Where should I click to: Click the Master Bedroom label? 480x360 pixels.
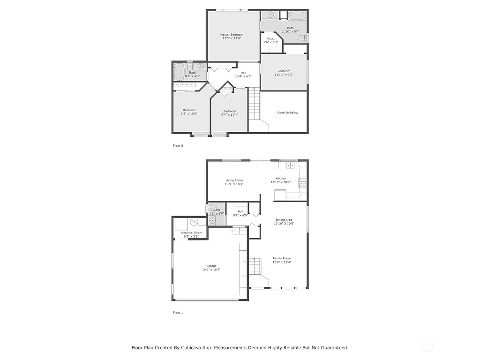pyautogui.click(x=232, y=35)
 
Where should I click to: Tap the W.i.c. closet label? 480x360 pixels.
pyautogui.click(x=270, y=38)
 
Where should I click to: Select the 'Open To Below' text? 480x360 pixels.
pyautogui.click(x=287, y=112)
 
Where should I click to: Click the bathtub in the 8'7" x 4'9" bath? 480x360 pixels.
pyautogui.click(x=179, y=72)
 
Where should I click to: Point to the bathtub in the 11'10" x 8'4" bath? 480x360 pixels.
pyautogui.click(x=296, y=15)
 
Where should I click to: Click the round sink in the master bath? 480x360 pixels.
pyautogui.click(x=270, y=15)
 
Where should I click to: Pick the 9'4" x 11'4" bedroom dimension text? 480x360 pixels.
pyautogui.click(x=230, y=114)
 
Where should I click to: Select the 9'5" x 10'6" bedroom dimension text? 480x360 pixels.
pyautogui.click(x=189, y=113)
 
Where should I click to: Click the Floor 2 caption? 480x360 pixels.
pyautogui.click(x=178, y=146)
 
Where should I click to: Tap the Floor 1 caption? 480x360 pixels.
pyautogui.click(x=178, y=312)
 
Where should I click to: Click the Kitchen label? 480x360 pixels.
pyautogui.click(x=281, y=178)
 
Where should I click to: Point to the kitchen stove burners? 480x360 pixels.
pyautogui.click(x=303, y=182)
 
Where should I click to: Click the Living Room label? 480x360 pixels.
pyautogui.click(x=234, y=180)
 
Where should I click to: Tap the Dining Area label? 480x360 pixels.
pyautogui.click(x=284, y=220)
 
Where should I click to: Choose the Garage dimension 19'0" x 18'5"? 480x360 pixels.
pyautogui.click(x=211, y=270)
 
